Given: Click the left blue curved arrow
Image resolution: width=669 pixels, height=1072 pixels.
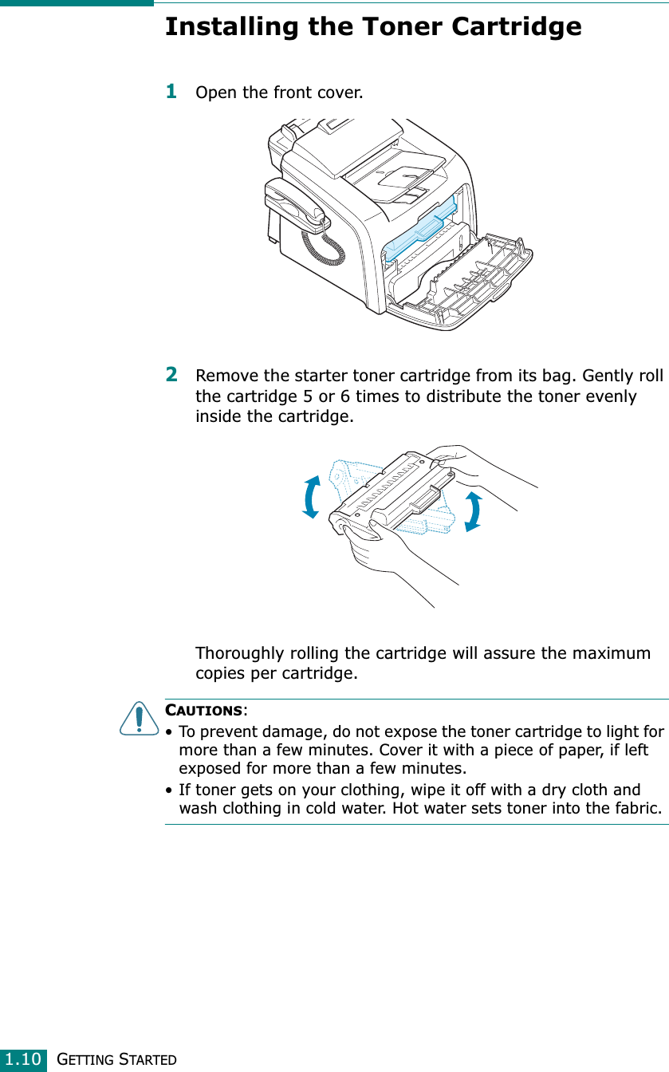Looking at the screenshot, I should [312, 497].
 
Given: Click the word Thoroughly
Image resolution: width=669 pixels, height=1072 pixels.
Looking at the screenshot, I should [243, 654].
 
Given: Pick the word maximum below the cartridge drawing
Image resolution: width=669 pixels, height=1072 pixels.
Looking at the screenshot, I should [601, 654].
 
